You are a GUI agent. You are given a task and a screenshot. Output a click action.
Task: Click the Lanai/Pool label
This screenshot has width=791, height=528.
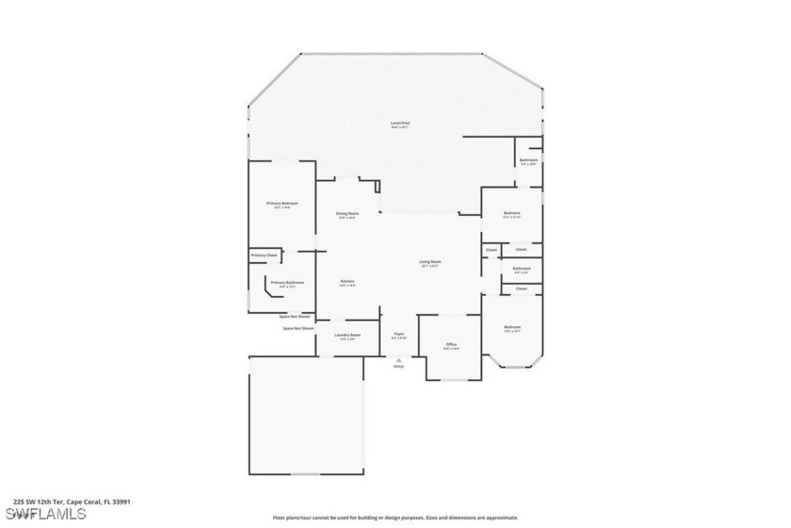pyautogui.click(x=400, y=124)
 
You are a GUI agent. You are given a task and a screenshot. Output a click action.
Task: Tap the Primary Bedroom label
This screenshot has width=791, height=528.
pyautogui.click(x=282, y=205)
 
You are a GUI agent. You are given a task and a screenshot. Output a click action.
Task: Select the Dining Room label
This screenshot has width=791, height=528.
pyautogui.click(x=347, y=214)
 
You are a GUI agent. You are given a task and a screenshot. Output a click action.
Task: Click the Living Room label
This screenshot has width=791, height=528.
pyautogui.click(x=430, y=263)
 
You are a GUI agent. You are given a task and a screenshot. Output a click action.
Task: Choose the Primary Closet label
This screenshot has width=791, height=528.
pyautogui.click(x=264, y=256)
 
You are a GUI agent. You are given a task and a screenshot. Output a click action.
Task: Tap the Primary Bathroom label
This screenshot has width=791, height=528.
pyautogui.click(x=286, y=283)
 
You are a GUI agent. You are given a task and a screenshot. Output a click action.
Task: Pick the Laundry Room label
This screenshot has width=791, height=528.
pyautogui.click(x=347, y=336)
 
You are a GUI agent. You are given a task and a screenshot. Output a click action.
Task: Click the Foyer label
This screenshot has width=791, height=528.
pyautogui.click(x=399, y=335)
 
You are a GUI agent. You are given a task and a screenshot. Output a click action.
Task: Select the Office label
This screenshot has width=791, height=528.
pyautogui.click(x=451, y=345)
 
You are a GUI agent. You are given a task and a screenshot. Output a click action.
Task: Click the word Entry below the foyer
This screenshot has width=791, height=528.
pyautogui.click(x=399, y=366)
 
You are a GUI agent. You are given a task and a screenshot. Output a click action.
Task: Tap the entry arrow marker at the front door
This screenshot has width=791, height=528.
pyautogui.click(x=399, y=358)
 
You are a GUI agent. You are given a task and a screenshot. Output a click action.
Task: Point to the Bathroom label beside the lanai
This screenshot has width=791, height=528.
pyautogui.click(x=528, y=161)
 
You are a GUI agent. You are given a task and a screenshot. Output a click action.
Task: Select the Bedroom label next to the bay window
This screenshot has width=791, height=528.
pyautogui.click(x=512, y=328)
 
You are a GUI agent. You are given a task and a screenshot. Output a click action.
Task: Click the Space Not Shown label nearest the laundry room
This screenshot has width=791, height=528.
pyautogui.click(x=298, y=328)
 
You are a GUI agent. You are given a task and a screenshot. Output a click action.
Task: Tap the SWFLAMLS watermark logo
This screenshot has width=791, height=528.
pyautogui.click(x=44, y=514)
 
